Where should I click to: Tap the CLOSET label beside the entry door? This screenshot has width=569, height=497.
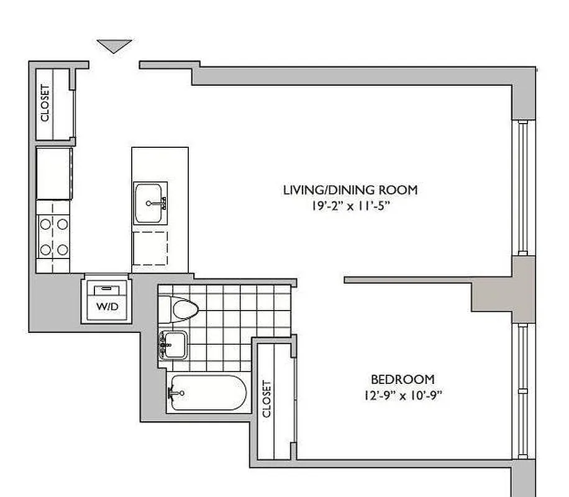(x=45, y=103)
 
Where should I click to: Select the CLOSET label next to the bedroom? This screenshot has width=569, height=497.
(x=267, y=398)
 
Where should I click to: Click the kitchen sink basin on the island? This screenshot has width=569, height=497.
(x=149, y=203)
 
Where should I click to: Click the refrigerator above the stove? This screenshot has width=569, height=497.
(x=53, y=173)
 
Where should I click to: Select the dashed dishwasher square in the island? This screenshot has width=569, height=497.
(x=150, y=248)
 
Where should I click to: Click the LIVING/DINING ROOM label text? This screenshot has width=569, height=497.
(x=350, y=189)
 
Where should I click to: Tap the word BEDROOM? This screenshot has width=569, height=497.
(x=403, y=379)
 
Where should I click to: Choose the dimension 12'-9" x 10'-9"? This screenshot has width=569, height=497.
(x=403, y=394)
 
